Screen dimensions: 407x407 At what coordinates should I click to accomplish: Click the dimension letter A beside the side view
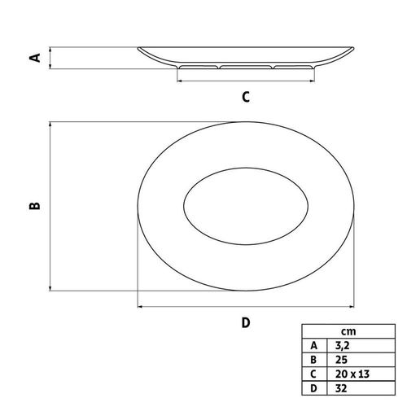tap(35, 58)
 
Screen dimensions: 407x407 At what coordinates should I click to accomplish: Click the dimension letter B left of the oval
tap(35, 206)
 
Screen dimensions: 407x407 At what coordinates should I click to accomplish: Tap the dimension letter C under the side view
tap(246, 97)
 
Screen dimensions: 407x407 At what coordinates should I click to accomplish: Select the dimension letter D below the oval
tap(246, 322)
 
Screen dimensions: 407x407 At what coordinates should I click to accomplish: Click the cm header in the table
tap(348, 331)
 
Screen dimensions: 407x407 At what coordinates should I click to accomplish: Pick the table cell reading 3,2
tap(342, 346)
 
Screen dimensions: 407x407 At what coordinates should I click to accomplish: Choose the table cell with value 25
tap(341, 360)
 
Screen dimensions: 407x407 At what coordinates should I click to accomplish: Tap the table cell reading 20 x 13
tap(352, 374)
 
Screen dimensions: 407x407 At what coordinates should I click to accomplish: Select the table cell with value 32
tap(341, 388)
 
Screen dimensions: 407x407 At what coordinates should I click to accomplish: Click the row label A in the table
tap(313, 346)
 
